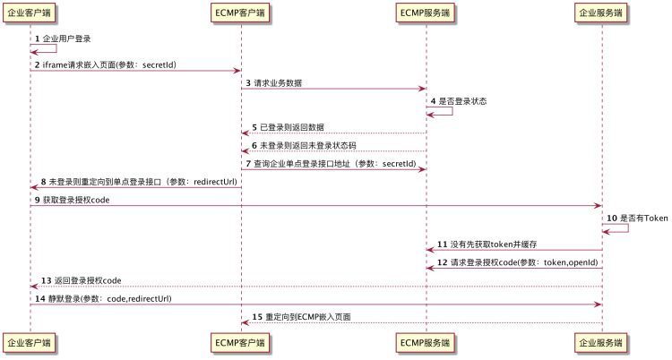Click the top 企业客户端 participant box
[30, 13]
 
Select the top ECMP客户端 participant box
[240, 13]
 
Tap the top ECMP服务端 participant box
[426, 13]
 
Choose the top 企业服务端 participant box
[601, 13]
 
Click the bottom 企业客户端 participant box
[30, 342]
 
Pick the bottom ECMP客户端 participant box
[240, 342]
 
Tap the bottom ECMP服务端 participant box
[426, 342]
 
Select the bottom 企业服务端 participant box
[601, 342]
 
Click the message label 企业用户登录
[66, 39]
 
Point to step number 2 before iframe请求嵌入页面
[37, 64]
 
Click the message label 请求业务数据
[278, 82]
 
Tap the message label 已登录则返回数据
[295, 127]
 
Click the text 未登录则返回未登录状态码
[307, 145]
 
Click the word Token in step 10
[656, 218]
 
